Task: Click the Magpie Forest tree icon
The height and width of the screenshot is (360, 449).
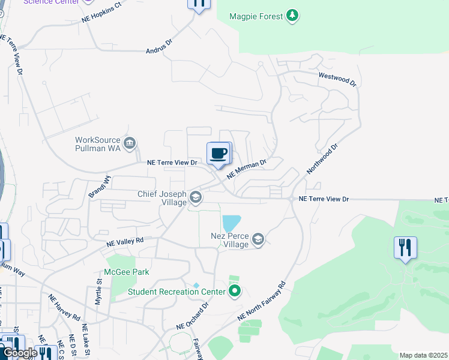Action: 292,15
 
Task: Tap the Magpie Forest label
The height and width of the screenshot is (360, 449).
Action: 256,16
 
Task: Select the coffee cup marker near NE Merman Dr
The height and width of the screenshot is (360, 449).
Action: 218,154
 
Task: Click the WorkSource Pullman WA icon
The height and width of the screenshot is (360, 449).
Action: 130,143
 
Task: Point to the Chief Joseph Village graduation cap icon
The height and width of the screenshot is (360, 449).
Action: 195,197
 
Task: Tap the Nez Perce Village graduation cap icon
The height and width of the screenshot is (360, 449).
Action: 258,239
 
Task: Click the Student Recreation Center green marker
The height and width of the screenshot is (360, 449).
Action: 235,292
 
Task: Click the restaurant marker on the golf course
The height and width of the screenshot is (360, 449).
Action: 405,247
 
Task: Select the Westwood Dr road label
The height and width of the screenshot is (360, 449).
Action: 337,79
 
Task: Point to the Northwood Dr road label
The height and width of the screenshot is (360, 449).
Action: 322,158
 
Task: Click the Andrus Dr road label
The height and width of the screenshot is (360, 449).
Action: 158,47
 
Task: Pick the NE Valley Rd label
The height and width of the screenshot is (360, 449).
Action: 125,242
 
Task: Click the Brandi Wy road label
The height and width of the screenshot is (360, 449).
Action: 100,187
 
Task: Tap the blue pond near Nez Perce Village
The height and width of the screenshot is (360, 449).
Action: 231,223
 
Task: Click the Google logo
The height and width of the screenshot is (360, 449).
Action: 19,353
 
